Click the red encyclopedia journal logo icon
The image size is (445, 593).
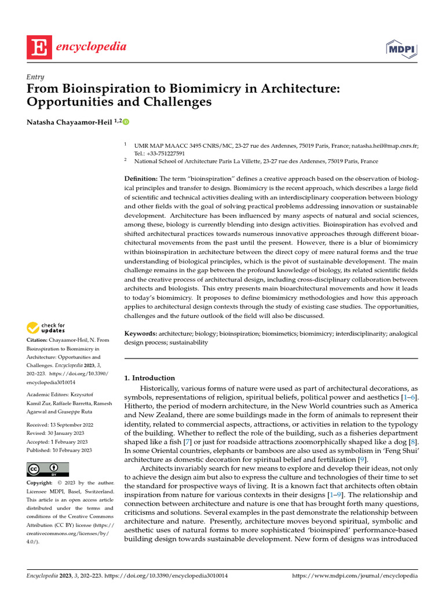(36, 47)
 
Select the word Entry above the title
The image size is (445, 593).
(36, 76)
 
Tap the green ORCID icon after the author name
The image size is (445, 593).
(126, 122)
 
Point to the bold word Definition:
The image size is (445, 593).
(141, 178)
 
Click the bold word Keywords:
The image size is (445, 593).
(141, 334)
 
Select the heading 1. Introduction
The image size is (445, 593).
(149, 378)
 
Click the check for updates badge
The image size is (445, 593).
(46, 328)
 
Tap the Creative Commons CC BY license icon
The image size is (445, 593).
(48, 469)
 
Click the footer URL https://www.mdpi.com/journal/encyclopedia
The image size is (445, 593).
(355, 577)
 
